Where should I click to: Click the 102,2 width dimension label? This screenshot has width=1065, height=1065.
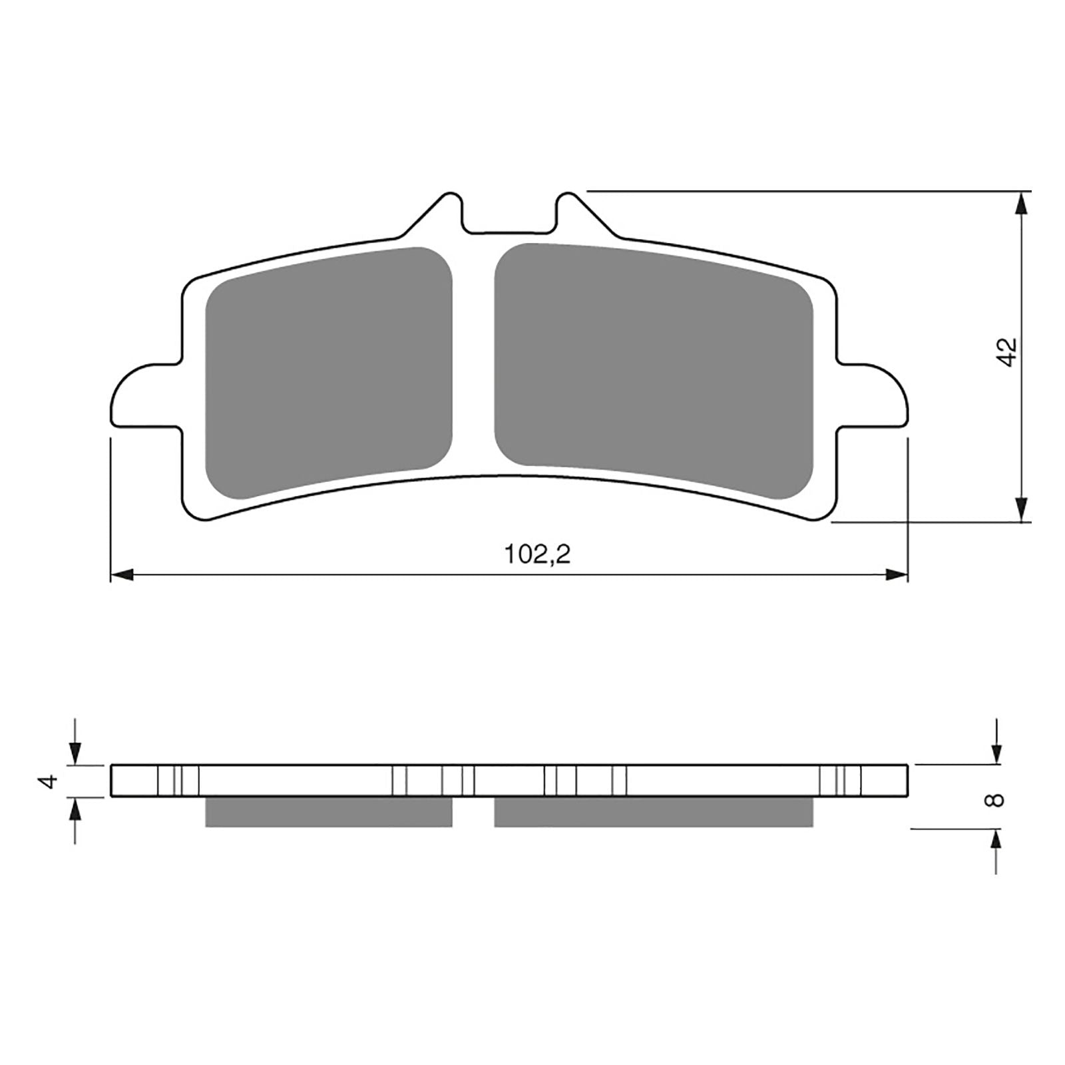pyautogui.click(x=537, y=554)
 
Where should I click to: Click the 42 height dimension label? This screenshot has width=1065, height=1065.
pyautogui.click(x=1007, y=351)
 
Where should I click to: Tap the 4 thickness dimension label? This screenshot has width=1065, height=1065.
pyautogui.click(x=49, y=781)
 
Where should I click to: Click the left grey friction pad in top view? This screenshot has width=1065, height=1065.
pyautogui.click(x=329, y=373)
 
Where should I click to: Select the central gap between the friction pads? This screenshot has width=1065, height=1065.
pyautogui.click(x=473, y=359)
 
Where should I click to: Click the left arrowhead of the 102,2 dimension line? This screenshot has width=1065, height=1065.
pyautogui.click(x=122, y=574)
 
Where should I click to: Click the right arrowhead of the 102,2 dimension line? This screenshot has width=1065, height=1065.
pyautogui.click(x=895, y=574)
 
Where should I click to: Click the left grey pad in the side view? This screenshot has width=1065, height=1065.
pyautogui.click(x=329, y=812)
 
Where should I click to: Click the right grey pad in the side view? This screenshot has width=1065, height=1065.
pyautogui.click(x=653, y=812)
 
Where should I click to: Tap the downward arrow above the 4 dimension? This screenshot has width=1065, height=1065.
pyautogui.click(x=76, y=752)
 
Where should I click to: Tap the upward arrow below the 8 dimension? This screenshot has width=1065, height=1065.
pyautogui.click(x=996, y=841)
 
